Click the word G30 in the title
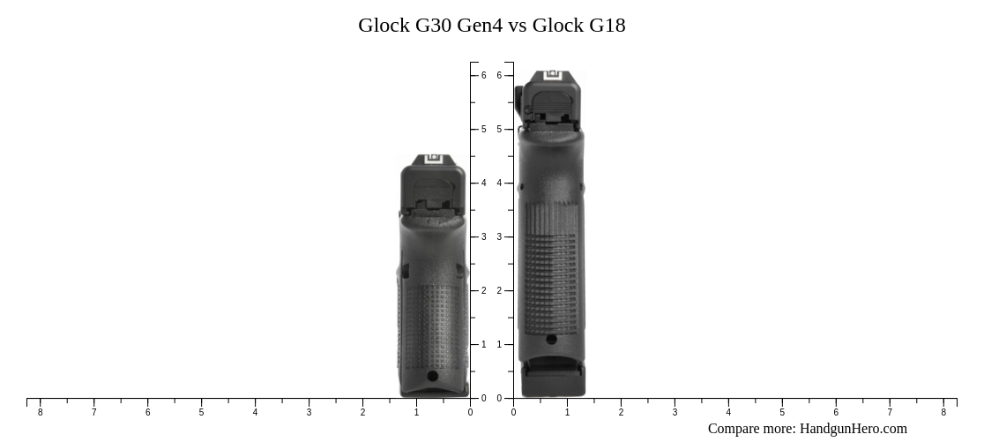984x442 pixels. click(433, 25)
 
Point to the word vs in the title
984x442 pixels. click(518, 25)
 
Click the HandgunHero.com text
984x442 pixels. click(853, 429)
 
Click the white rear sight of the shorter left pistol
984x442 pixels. click(433, 160)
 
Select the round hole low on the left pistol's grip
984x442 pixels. click(432, 376)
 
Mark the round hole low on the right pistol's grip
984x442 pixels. click(551, 339)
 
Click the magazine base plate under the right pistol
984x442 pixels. click(553, 381)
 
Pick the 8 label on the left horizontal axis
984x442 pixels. click(40, 412)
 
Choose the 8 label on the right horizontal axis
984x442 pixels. click(943, 412)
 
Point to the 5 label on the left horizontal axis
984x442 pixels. click(201, 412)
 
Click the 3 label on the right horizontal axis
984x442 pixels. click(675, 412)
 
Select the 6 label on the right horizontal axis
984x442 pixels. click(836, 412)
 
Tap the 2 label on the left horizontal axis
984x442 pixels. click(362, 412)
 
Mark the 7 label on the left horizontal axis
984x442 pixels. click(93, 412)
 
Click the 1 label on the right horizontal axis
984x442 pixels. click(567, 412)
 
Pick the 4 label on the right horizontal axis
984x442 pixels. click(728, 412)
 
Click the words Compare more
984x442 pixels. click(751, 429)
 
